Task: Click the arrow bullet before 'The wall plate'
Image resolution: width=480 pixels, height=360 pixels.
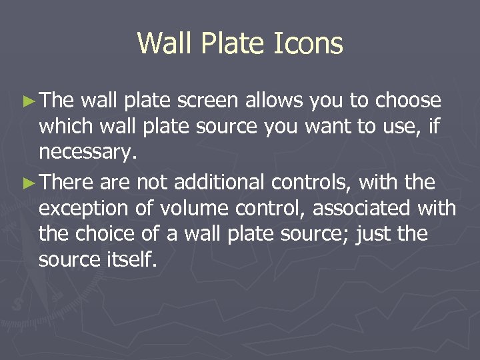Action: click(x=29, y=101)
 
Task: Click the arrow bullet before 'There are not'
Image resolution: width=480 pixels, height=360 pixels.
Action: click(x=29, y=182)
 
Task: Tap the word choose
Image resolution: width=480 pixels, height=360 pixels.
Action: click(x=408, y=101)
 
